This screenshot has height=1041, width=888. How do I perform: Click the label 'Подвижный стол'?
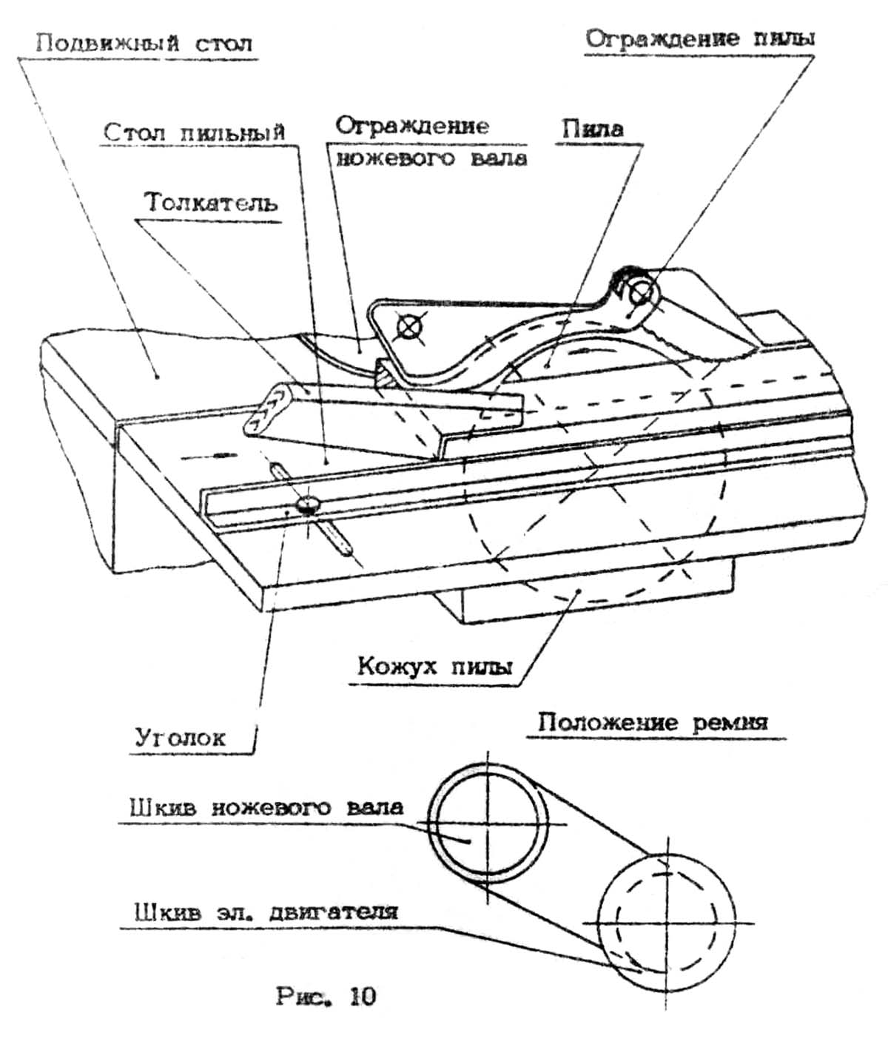144,42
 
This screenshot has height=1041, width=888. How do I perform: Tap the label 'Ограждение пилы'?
699,38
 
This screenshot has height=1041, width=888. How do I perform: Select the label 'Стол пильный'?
194,133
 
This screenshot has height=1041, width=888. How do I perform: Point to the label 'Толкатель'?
211,203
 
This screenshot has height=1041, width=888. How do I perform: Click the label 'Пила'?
592,129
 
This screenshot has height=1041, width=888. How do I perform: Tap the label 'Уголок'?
180,738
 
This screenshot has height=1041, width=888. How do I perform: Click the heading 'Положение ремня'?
653,722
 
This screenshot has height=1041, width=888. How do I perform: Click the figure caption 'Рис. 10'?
326,997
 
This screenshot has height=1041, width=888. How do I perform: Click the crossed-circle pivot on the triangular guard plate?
408,326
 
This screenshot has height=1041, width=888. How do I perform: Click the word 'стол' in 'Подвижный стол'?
224,42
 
